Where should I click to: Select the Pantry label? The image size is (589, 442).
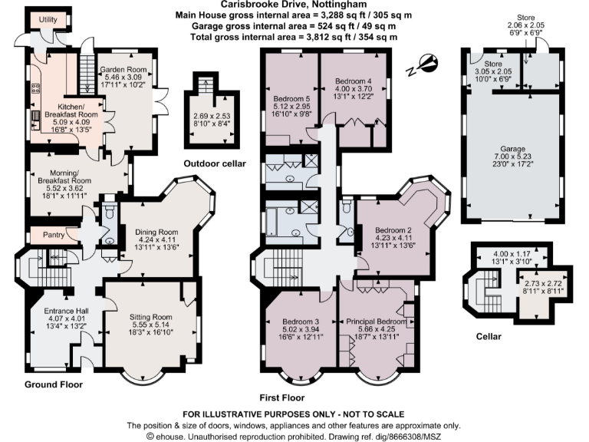click(43, 234)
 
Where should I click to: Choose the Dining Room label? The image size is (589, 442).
click(156, 233)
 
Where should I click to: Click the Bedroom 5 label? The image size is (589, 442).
click(292, 98)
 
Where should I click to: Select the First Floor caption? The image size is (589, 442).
click(281, 397)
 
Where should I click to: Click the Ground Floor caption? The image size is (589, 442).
click(53, 384)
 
